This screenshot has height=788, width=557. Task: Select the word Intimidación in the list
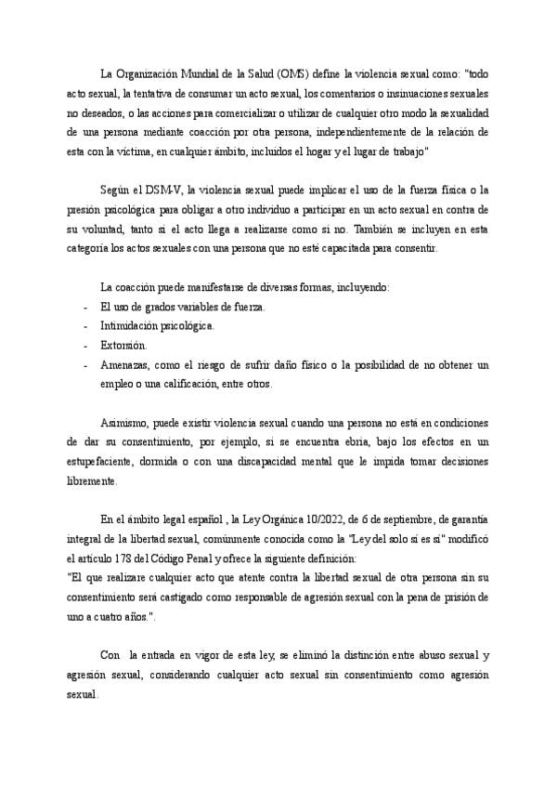pyautogui.click(x=128, y=326)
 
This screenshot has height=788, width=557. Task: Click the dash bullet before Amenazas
pyautogui.click(x=84, y=364)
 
